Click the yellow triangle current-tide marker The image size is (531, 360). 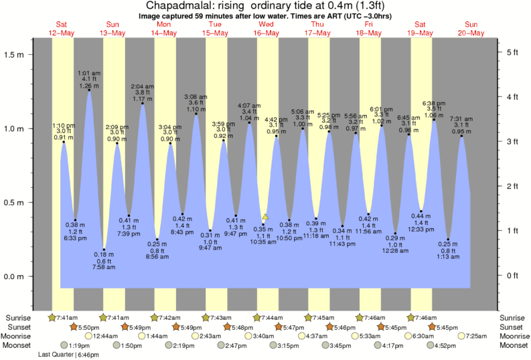(x=265, y=217)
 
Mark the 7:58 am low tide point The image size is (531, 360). (x=104, y=250)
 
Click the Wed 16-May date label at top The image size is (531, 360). (x=265, y=29)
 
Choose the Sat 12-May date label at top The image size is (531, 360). (x=61, y=29)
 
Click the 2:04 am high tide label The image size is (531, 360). (x=143, y=86)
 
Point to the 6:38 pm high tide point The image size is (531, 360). (x=434, y=120)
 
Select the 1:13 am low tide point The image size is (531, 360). (x=448, y=240)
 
